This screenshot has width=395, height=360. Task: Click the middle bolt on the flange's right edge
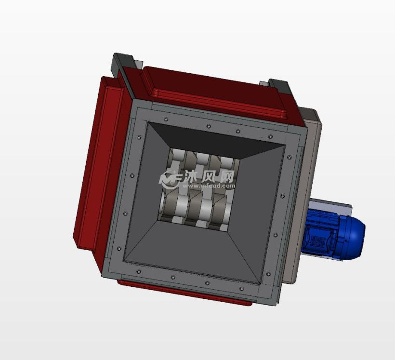pyautogui.click(x=282, y=196)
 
